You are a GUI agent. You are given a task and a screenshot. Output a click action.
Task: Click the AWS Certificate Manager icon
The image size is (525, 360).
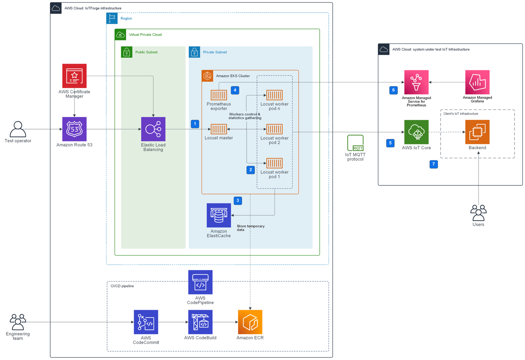(74, 76)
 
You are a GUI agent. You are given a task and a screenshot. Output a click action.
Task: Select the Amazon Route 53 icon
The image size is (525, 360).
(74, 129)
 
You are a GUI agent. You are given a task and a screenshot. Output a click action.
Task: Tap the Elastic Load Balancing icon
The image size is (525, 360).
(153, 129)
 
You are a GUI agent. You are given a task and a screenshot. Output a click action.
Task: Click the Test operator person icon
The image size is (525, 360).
(18, 129)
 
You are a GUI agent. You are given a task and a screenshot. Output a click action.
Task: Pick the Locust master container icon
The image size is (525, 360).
(219, 129)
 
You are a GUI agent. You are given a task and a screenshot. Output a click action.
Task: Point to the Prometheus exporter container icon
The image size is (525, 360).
(219, 95)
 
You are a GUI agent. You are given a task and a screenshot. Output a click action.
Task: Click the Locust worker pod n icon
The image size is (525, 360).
(274, 95)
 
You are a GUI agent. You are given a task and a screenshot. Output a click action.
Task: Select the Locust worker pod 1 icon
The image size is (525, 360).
(274, 163)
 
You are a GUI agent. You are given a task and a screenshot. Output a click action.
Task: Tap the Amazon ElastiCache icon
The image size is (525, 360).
(219, 215)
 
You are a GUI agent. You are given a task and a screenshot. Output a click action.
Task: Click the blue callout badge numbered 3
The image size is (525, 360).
(238, 200)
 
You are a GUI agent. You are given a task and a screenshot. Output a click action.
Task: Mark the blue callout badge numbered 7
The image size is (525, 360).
(433, 164)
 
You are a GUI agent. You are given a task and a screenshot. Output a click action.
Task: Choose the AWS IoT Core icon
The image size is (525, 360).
(416, 132)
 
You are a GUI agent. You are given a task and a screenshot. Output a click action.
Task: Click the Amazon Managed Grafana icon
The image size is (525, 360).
(477, 82)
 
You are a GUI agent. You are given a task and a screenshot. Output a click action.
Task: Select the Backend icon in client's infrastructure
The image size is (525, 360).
(477, 132)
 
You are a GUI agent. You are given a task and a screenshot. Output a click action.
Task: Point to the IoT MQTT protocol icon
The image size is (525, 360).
(355, 143)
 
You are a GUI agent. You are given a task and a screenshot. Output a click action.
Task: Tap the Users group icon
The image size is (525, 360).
(478, 213)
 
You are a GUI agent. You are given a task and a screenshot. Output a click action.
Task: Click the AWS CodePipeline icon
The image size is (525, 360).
(200, 282)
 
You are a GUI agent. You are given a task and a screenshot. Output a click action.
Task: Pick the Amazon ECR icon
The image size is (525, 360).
(250, 322)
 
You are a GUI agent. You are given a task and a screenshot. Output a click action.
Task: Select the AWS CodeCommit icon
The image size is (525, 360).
(146, 322)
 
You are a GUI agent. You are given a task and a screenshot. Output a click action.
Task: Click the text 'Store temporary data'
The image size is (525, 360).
(250, 228)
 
